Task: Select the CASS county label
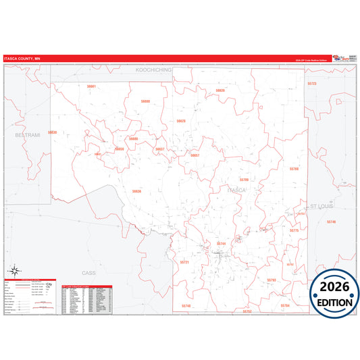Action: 89,273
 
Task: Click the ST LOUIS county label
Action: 322,204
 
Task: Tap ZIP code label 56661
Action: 92,86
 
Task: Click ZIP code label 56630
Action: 53,132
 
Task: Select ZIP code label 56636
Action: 137,191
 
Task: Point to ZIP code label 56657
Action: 195,155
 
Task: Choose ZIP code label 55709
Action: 245,180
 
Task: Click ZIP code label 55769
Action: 294,168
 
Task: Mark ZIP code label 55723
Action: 311,83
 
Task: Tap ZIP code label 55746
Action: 331,222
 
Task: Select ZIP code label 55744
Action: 221,243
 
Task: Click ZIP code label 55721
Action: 185,262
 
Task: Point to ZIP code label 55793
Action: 272,280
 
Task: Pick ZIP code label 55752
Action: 247,311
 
